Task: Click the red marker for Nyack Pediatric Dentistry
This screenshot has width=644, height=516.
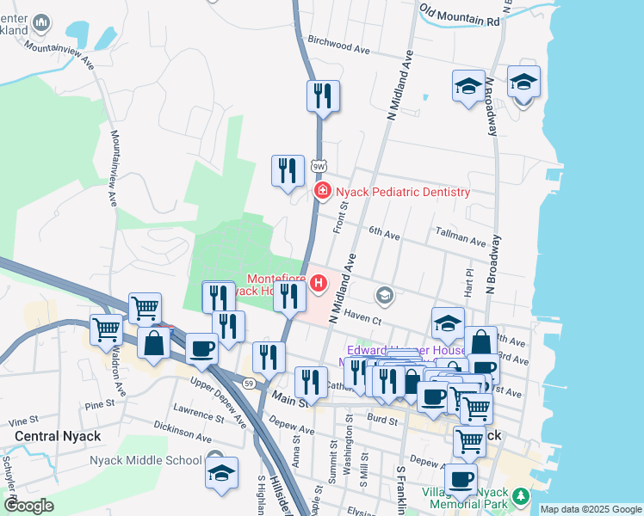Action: pyautogui.click(x=322, y=191)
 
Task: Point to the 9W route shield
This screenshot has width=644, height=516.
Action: pyautogui.click(x=319, y=165)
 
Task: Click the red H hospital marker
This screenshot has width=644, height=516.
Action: pyautogui.click(x=319, y=282)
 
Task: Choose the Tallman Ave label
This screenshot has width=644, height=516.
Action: pyautogui.click(x=461, y=236)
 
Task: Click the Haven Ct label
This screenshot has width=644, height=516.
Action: pyautogui.click(x=362, y=319)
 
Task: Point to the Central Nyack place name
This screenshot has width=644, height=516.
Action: pyautogui.click(x=58, y=436)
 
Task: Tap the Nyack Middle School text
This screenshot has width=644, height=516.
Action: pyautogui.click(x=146, y=459)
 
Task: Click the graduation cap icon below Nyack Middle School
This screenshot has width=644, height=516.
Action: pyautogui.click(x=221, y=473)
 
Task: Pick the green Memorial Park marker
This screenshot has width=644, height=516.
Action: pyautogui.click(x=519, y=496)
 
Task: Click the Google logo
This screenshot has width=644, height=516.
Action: pyautogui.click(x=28, y=506)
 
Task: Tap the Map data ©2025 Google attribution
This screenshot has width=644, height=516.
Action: pyautogui.click(x=590, y=509)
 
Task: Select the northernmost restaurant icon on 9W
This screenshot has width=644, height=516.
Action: pyautogui.click(x=323, y=96)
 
